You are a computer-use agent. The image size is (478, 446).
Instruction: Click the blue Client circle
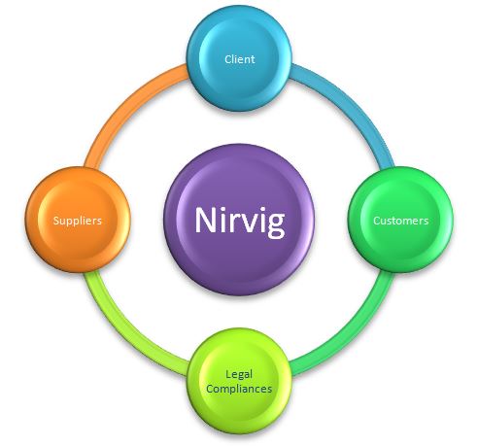[240, 59]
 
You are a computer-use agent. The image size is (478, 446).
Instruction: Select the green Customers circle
[400, 220]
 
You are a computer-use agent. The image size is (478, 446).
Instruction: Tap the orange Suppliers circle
[78, 220]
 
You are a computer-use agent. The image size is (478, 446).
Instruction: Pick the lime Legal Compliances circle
[240, 381]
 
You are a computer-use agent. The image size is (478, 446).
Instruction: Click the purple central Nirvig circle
[240, 220]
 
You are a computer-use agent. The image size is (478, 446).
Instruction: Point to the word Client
[240, 59]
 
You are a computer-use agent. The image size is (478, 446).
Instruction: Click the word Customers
[401, 221]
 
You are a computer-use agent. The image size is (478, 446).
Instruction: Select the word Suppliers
[78, 221]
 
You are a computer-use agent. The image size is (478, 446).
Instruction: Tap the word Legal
[239, 375]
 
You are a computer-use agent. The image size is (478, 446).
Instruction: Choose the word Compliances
[239, 389]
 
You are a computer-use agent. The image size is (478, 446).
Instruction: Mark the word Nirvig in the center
[240, 221]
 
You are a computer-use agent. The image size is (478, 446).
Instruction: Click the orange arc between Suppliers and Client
[128, 107]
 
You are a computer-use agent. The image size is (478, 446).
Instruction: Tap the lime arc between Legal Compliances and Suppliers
[127, 332]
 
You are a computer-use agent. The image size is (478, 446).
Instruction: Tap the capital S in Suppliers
[56, 221]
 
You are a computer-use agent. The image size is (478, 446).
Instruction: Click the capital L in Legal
[229, 374]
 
